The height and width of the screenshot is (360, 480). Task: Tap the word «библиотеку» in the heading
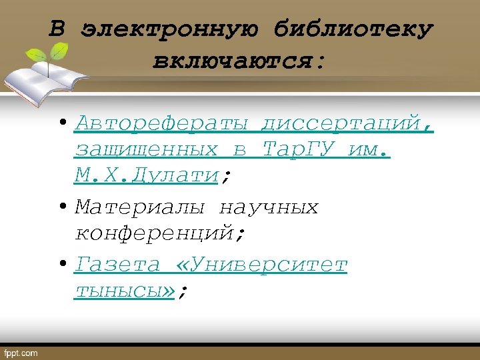tap(353, 30)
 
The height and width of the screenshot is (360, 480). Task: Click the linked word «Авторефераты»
tap(163, 123)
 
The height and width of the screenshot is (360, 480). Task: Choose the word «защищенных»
tap(146, 149)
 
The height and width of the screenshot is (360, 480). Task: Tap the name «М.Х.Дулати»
tap(147, 175)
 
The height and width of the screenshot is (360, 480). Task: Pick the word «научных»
tap(269, 208)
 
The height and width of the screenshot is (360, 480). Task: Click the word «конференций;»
tap(161, 234)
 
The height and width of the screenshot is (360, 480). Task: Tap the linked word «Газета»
tap(117, 265)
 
